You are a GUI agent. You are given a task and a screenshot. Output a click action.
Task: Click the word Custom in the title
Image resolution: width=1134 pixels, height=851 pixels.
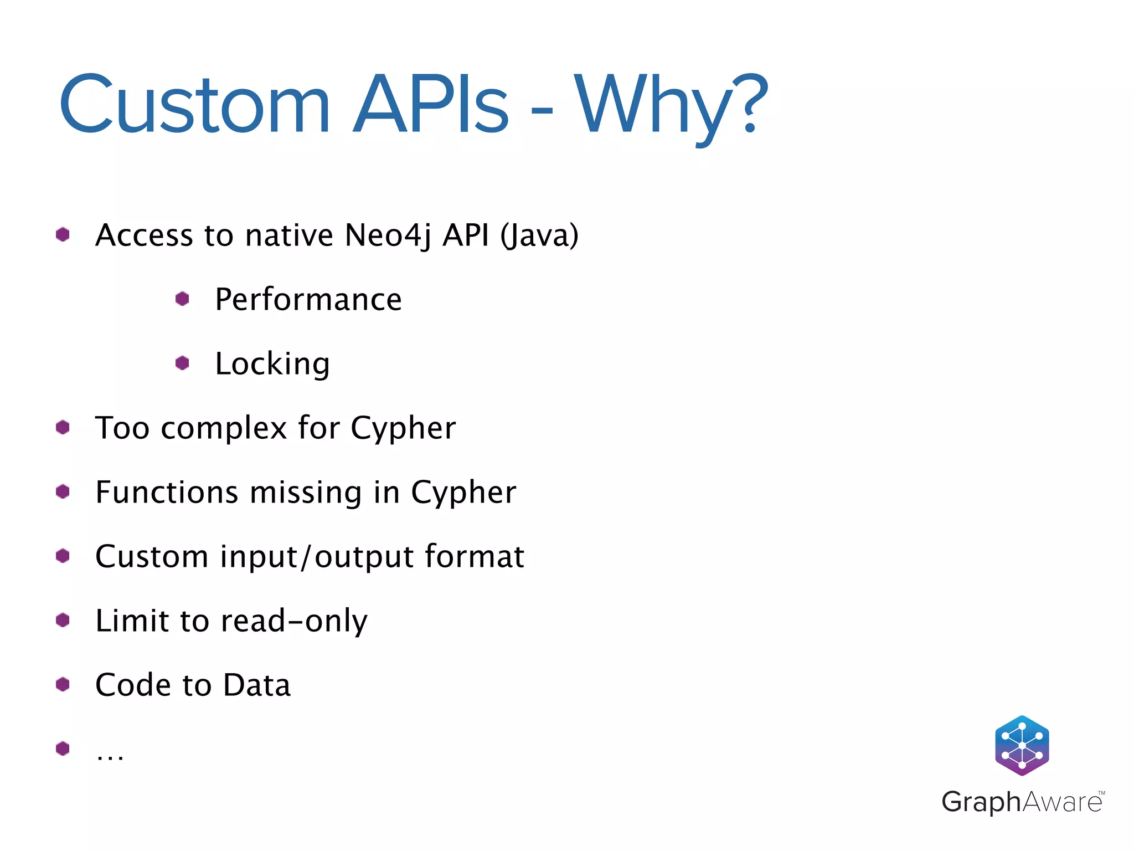(x=194, y=105)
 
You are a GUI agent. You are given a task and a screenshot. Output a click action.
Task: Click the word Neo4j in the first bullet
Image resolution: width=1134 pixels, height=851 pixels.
(x=387, y=235)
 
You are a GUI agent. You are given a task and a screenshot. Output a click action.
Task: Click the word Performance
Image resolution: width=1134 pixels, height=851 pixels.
(x=308, y=300)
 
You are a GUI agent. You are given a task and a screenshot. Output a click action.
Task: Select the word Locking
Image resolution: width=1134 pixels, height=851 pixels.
(x=272, y=365)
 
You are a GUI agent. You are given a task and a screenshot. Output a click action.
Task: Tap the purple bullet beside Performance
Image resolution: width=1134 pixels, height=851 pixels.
(x=182, y=299)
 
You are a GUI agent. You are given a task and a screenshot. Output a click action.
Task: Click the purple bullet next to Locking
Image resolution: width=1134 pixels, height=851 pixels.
(x=182, y=363)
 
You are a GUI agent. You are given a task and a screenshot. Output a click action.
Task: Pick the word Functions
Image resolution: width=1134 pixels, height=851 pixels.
(x=167, y=492)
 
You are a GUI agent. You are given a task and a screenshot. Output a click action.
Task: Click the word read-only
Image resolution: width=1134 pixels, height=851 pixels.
(x=293, y=621)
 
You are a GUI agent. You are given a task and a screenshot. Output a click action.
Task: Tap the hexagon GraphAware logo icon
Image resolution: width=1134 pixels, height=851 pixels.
(x=1022, y=745)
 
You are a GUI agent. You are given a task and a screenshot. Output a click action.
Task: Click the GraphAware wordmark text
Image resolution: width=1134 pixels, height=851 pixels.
(x=1022, y=802)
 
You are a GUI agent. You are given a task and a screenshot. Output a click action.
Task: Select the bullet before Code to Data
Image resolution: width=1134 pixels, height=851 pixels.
(x=63, y=685)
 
